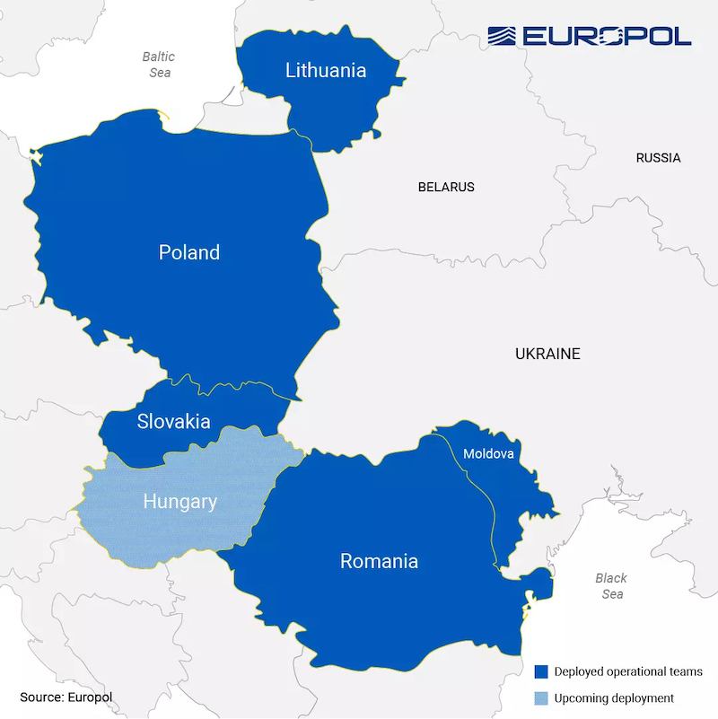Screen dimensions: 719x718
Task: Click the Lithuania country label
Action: coord(326,70)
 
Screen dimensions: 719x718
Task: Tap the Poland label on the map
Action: coord(188,252)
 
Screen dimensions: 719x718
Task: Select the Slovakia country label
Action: coord(173,421)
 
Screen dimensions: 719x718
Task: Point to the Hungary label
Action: coord(179,502)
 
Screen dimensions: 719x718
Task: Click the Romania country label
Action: coord(379,561)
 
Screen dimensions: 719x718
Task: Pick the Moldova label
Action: coord(488,454)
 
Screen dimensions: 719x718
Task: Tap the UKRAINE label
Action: coord(547,354)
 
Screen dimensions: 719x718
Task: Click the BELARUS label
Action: coord(446,188)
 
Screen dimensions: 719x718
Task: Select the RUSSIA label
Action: coord(658,158)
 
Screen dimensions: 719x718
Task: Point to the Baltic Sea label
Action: coord(159,65)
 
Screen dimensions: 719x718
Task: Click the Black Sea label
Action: coord(611,586)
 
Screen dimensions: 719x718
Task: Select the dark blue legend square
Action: coord(540,671)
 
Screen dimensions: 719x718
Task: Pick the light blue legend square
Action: coord(540,697)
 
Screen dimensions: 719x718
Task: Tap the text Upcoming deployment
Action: coord(614,697)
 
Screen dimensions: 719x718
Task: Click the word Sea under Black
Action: coord(612,594)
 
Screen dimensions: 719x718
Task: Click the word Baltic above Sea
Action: coord(159,57)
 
